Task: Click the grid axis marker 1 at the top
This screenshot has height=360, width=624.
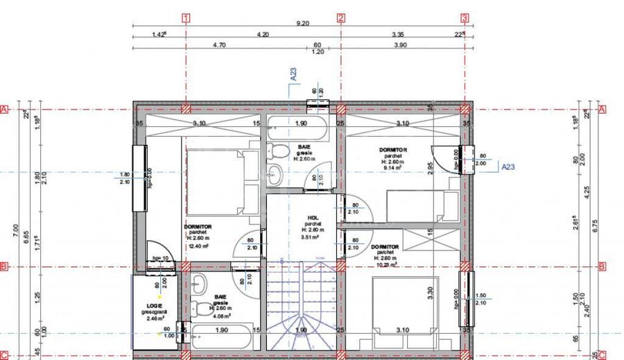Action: [185, 18]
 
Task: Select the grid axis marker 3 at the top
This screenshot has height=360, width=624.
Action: [465, 18]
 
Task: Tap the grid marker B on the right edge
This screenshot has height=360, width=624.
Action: [602, 266]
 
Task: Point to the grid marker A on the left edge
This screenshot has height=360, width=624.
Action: [3, 110]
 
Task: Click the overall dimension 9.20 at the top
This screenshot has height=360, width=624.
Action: [303, 24]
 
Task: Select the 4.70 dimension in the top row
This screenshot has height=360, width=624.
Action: [218, 44]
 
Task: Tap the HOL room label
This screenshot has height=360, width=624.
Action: [313, 218]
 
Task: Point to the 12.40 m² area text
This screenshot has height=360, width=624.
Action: [198, 245]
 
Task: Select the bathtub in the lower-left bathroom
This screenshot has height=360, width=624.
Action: [222, 338]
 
